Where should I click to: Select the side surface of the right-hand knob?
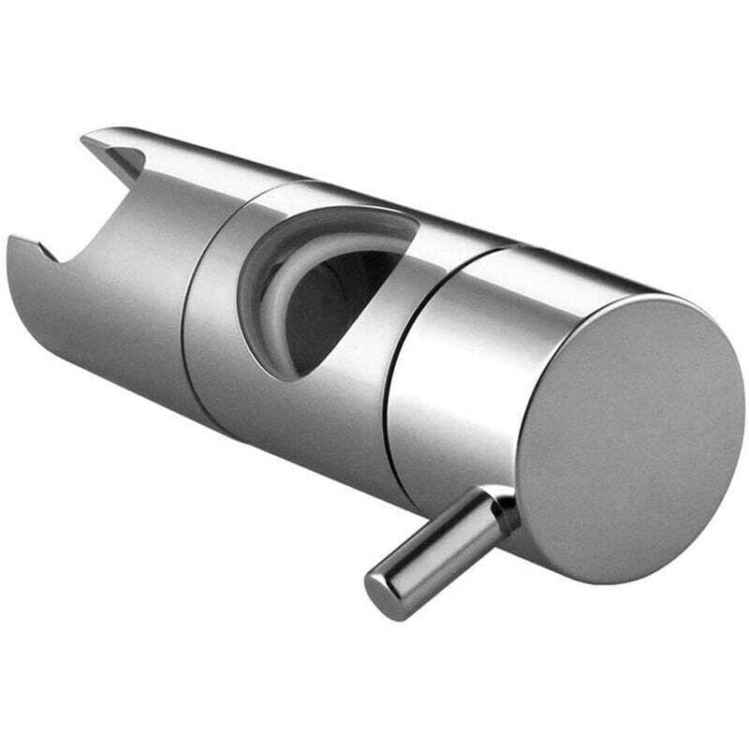point(459,393)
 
